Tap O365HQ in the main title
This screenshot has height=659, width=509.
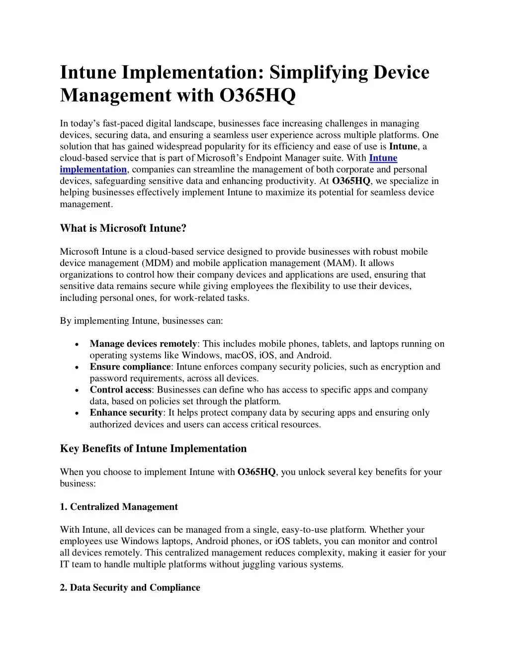(x=257, y=95)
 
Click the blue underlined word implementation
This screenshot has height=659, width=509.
(x=93, y=170)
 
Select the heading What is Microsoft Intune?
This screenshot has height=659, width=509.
(x=123, y=228)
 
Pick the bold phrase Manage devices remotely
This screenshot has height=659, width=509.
(x=143, y=344)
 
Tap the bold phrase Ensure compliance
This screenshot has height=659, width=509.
(x=130, y=367)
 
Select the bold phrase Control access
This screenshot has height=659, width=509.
(x=120, y=390)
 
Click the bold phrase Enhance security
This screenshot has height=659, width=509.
(x=126, y=413)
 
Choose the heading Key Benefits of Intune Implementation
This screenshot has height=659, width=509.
(x=153, y=449)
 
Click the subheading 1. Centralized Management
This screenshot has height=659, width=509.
(x=119, y=507)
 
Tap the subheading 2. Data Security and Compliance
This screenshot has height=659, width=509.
(x=130, y=587)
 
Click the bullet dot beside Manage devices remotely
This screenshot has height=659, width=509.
(x=76, y=344)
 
